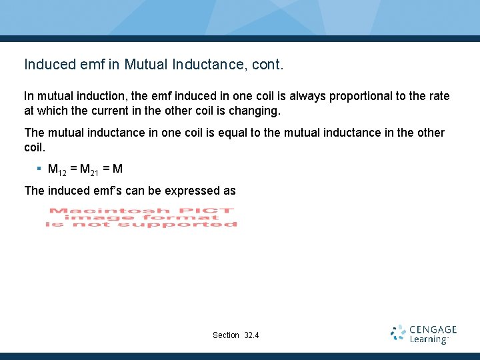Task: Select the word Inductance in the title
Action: coord(203,65)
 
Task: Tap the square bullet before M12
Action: coord(39,168)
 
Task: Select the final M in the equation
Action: coord(118,169)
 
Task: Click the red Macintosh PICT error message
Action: coord(141,217)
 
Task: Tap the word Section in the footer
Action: coord(226,335)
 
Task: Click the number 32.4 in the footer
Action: coord(252,335)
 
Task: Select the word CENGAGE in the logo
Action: coord(433,329)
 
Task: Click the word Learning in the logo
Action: coord(428,340)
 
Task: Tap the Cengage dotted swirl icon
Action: coord(399,333)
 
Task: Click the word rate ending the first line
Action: coord(439,96)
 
